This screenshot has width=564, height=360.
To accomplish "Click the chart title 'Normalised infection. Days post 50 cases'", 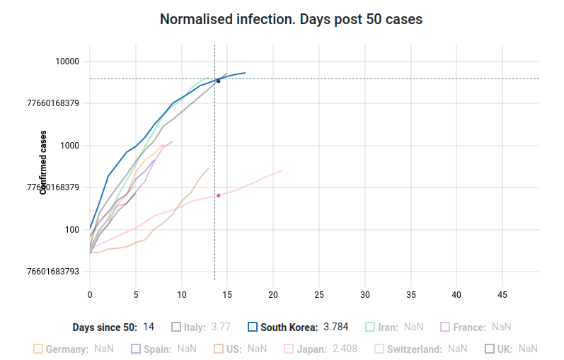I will pos(291,20).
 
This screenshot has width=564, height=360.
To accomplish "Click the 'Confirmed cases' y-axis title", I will pos(44,162).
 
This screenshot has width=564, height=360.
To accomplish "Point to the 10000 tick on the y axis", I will pos(68,62).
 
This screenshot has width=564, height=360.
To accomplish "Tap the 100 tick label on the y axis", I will pos(73,230).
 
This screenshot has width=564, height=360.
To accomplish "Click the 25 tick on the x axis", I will pos(319,294).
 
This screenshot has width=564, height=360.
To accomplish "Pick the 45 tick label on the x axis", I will pos(502,294).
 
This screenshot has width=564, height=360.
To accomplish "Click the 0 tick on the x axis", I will pos(90,294).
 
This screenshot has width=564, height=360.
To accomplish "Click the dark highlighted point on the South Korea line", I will pos(219,81).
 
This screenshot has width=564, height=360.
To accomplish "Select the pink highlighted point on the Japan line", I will pos(219,195).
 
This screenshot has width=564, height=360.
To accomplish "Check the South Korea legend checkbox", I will pos(253,327).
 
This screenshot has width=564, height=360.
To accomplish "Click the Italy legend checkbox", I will pos(176,327).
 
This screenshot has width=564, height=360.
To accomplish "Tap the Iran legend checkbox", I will pos(369,327).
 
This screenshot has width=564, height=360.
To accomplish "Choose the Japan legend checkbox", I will pos(288,349).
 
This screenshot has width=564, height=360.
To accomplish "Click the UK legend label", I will pos(505,349).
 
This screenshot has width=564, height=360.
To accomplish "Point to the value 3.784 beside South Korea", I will pos(336,327).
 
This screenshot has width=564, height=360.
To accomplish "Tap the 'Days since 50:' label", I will pos(105,327).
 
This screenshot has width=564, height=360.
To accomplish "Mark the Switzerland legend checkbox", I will pos(379,349).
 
